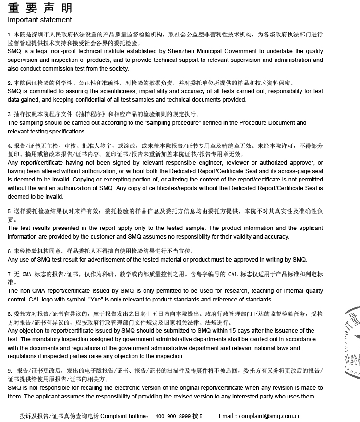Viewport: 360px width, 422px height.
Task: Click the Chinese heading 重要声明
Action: [x=40, y=8]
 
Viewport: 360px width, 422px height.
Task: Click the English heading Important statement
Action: [x=40, y=20]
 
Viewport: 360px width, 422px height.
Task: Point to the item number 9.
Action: [x=10, y=371]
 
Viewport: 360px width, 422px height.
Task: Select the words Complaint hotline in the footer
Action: [x=124, y=416]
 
